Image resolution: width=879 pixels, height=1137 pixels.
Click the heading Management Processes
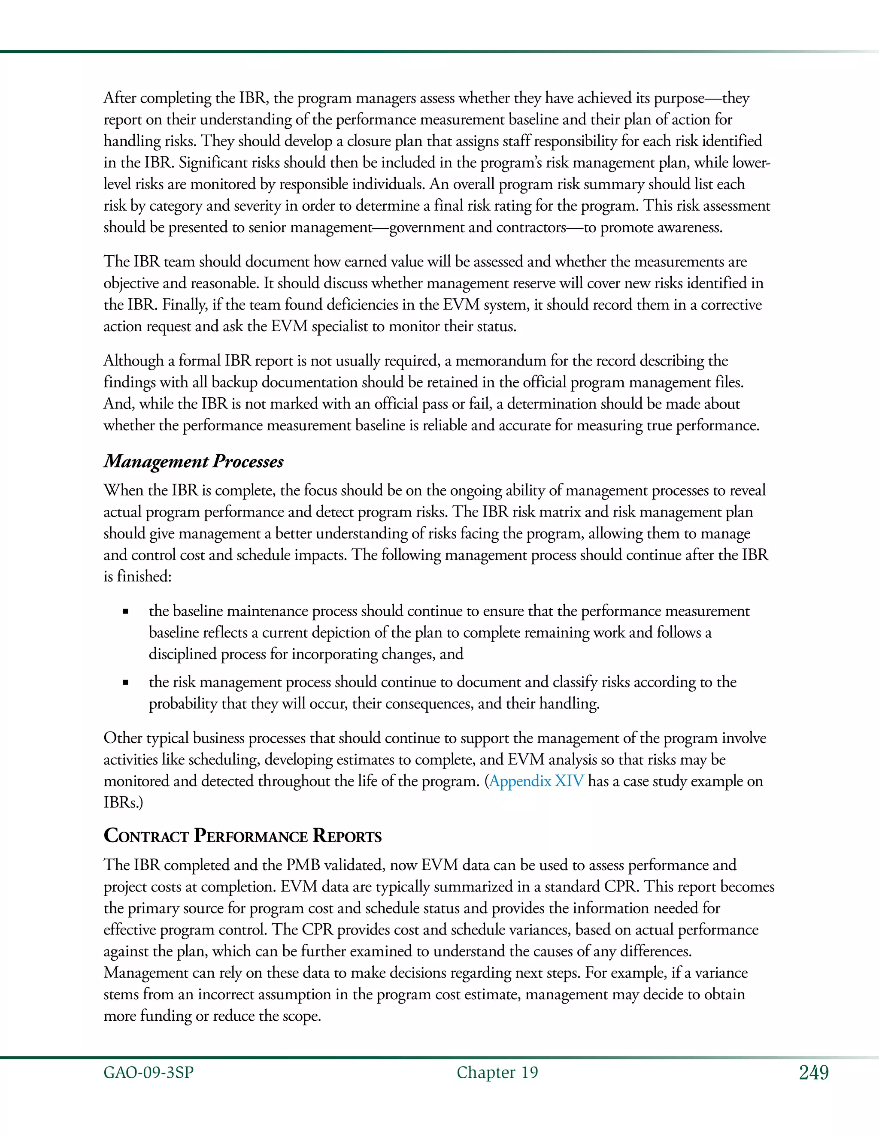click(x=193, y=461)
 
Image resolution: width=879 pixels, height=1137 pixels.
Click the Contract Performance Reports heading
click(x=242, y=836)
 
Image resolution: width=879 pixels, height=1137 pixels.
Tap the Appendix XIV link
click(x=536, y=781)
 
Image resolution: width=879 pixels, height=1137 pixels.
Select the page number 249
click(x=813, y=1073)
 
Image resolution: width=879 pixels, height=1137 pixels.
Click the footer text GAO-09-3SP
click(x=149, y=1073)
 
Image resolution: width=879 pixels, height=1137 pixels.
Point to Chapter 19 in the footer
click(x=497, y=1073)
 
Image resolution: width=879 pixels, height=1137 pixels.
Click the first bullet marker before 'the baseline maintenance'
click(x=125, y=612)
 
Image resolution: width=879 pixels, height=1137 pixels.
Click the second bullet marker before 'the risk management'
click(x=125, y=683)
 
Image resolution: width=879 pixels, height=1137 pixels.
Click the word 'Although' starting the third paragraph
click(x=133, y=361)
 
